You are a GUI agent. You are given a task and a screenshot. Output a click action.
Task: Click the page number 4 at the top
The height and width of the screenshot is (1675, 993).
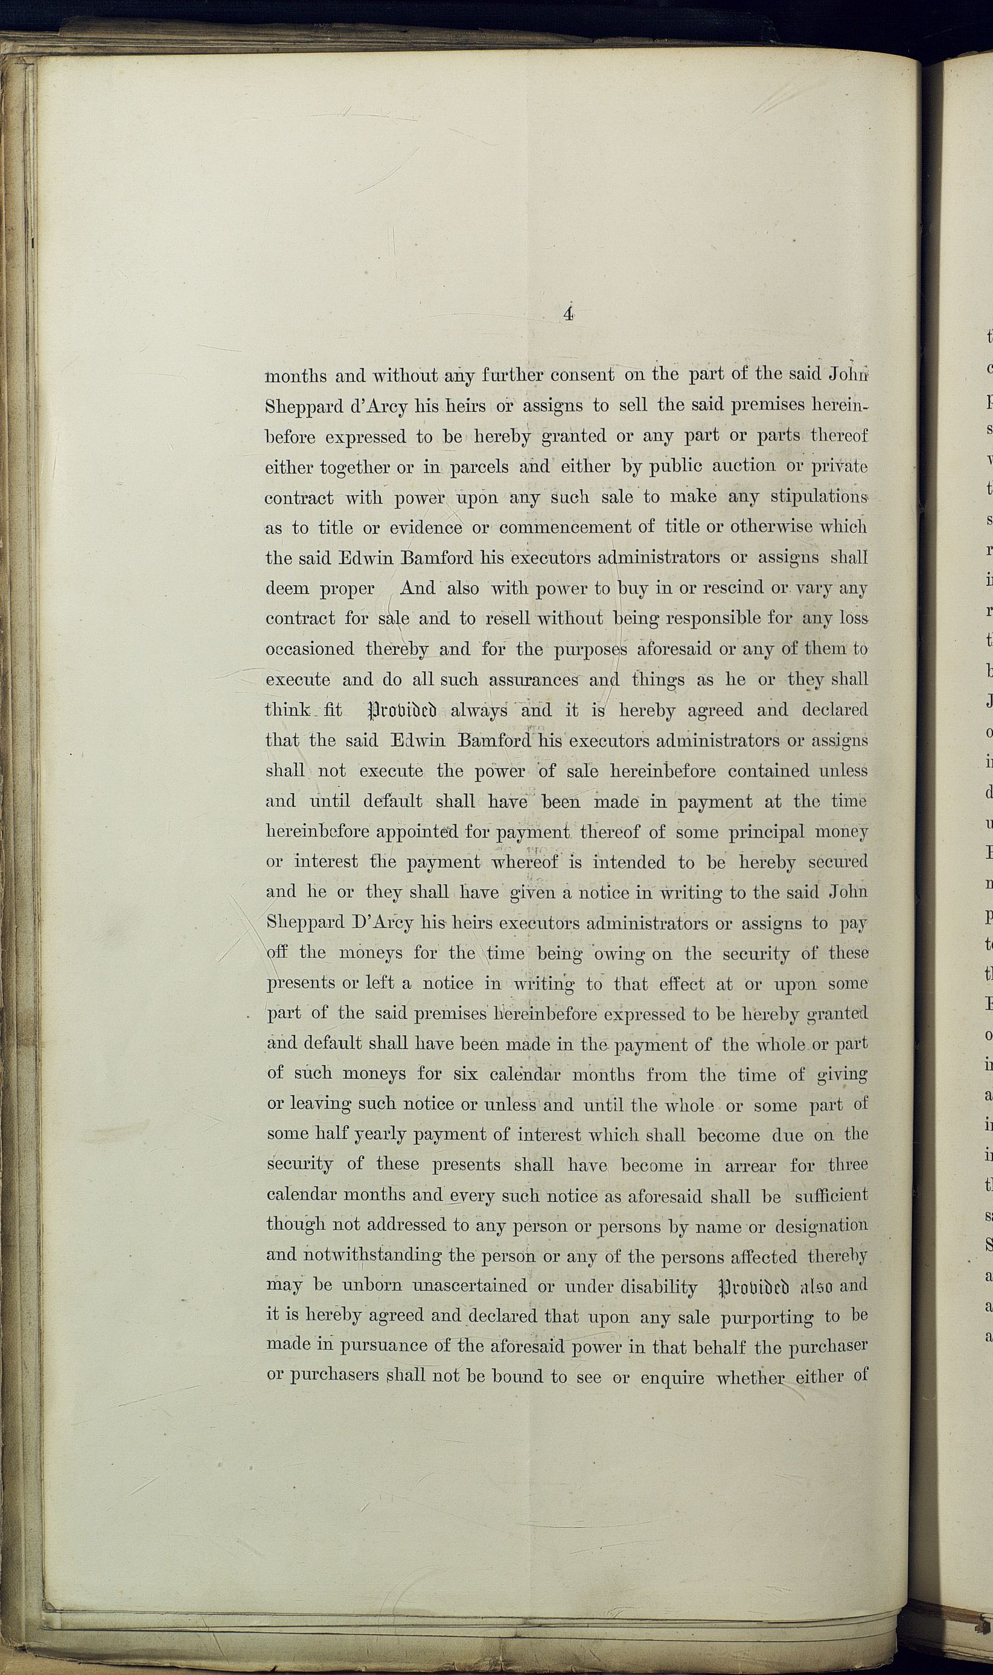point(567,314)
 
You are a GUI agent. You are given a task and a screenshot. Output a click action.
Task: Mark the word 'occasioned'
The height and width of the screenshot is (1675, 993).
point(310,649)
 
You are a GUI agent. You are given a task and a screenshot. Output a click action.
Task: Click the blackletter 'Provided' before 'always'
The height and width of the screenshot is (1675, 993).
point(402,711)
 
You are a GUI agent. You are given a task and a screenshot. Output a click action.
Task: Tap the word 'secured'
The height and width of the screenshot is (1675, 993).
point(837,863)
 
